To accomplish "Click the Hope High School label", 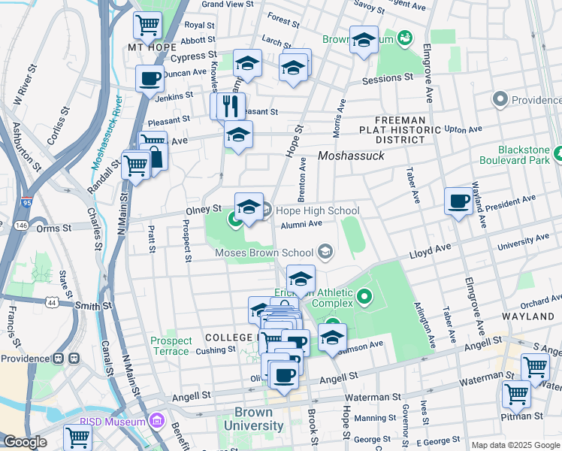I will tap(317, 211).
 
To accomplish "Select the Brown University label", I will tap(259, 419).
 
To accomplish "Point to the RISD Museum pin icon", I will tap(156, 420).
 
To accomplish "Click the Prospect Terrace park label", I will tap(171, 346).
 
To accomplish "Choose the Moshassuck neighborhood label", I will tap(351, 156).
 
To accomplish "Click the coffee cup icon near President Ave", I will tap(458, 201).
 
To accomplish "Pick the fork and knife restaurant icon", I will tap(231, 106).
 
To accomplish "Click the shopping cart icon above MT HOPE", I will tap(147, 25).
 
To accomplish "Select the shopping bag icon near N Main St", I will tap(156, 158).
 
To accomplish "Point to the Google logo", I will tap(25, 442).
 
